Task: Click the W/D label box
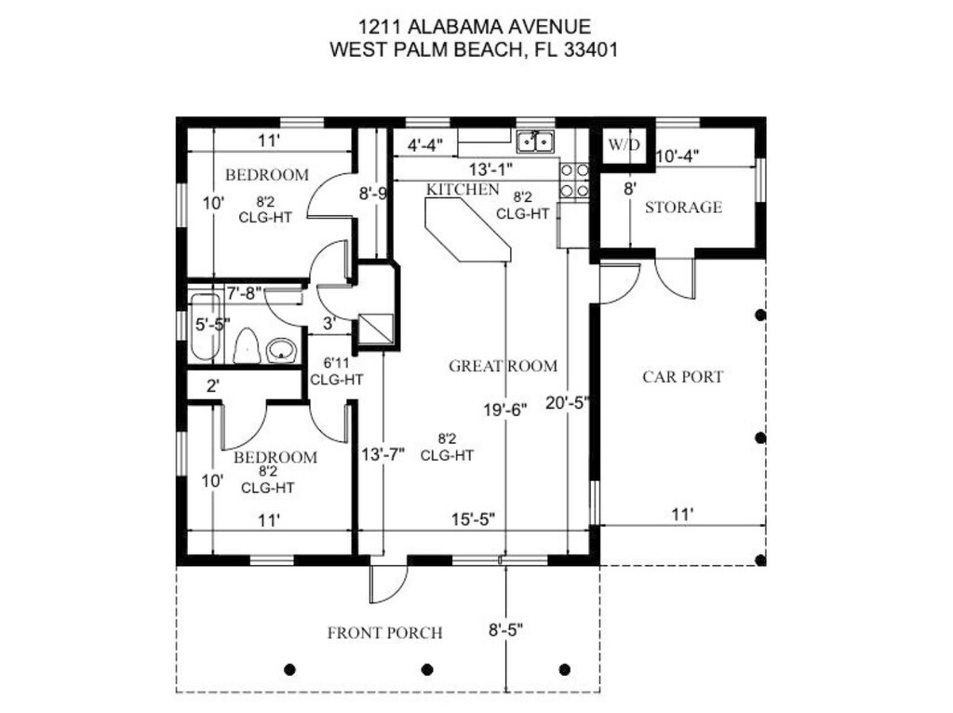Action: coord(624,144)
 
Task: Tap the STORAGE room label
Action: coord(684,208)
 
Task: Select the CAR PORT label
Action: coord(682,377)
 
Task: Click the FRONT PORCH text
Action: coord(384,633)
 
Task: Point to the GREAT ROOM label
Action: coord(503,366)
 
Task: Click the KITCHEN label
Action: coord(462,190)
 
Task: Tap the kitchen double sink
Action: coord(535,141)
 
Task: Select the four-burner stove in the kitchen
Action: coord(574,181)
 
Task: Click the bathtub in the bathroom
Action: coord(205,328)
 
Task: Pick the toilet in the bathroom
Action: coord(247,346)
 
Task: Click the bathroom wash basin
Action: coord(281,350)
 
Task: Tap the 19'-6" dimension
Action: coord(504,410)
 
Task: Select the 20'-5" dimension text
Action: coord(567,402)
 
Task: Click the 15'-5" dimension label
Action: coord(473,519)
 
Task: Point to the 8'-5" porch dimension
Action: coord(505,630)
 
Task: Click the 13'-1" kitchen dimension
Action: coord(490,168)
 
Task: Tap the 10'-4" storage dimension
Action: coord(678,156)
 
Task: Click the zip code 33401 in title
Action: coord(591,49)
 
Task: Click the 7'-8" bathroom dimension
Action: coord(244,294)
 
